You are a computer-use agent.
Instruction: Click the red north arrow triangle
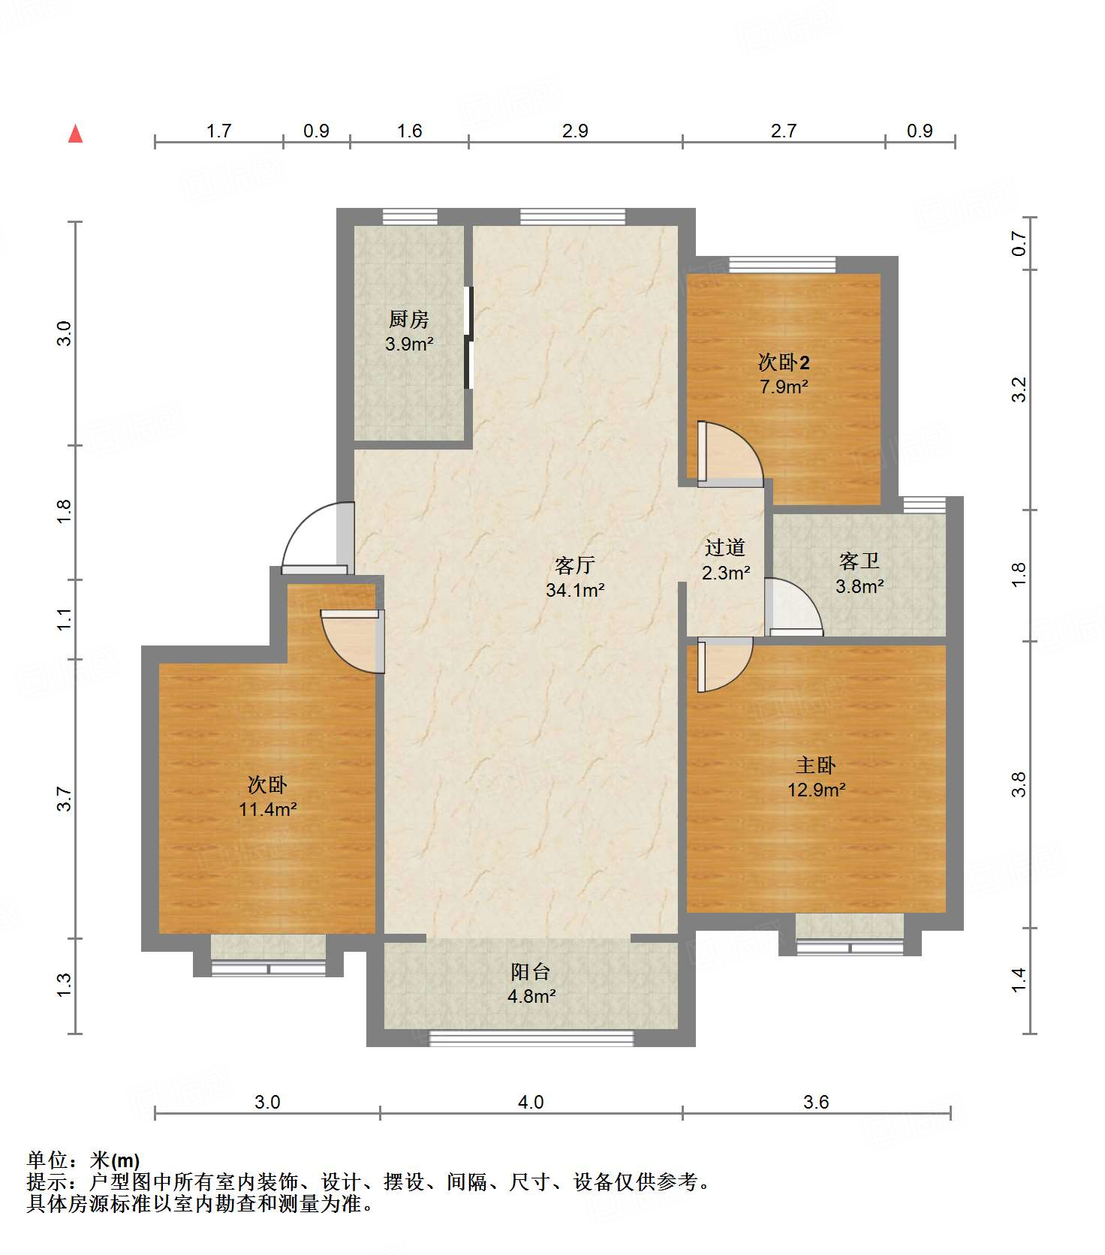[75, 134]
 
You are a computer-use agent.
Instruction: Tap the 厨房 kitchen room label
[409, 320]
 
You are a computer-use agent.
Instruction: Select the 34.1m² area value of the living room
[575, 590]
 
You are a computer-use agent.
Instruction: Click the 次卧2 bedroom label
[784, 363]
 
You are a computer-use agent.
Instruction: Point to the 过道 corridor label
[725, 548]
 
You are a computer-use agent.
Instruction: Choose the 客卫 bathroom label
[860, 561]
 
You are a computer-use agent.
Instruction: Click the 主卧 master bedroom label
[816, 766]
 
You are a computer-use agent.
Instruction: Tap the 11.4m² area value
[268, 809]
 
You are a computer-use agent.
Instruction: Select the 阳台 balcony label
[531, 972]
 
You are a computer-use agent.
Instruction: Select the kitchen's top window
[410, 217]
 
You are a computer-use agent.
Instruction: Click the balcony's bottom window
[531, 1038]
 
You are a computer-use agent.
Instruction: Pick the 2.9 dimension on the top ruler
[575, 131]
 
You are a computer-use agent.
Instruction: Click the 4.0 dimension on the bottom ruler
[531, 1102]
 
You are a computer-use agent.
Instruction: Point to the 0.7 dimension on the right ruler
[1019, 243]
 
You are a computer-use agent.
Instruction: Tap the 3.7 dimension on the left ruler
[64, 799]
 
